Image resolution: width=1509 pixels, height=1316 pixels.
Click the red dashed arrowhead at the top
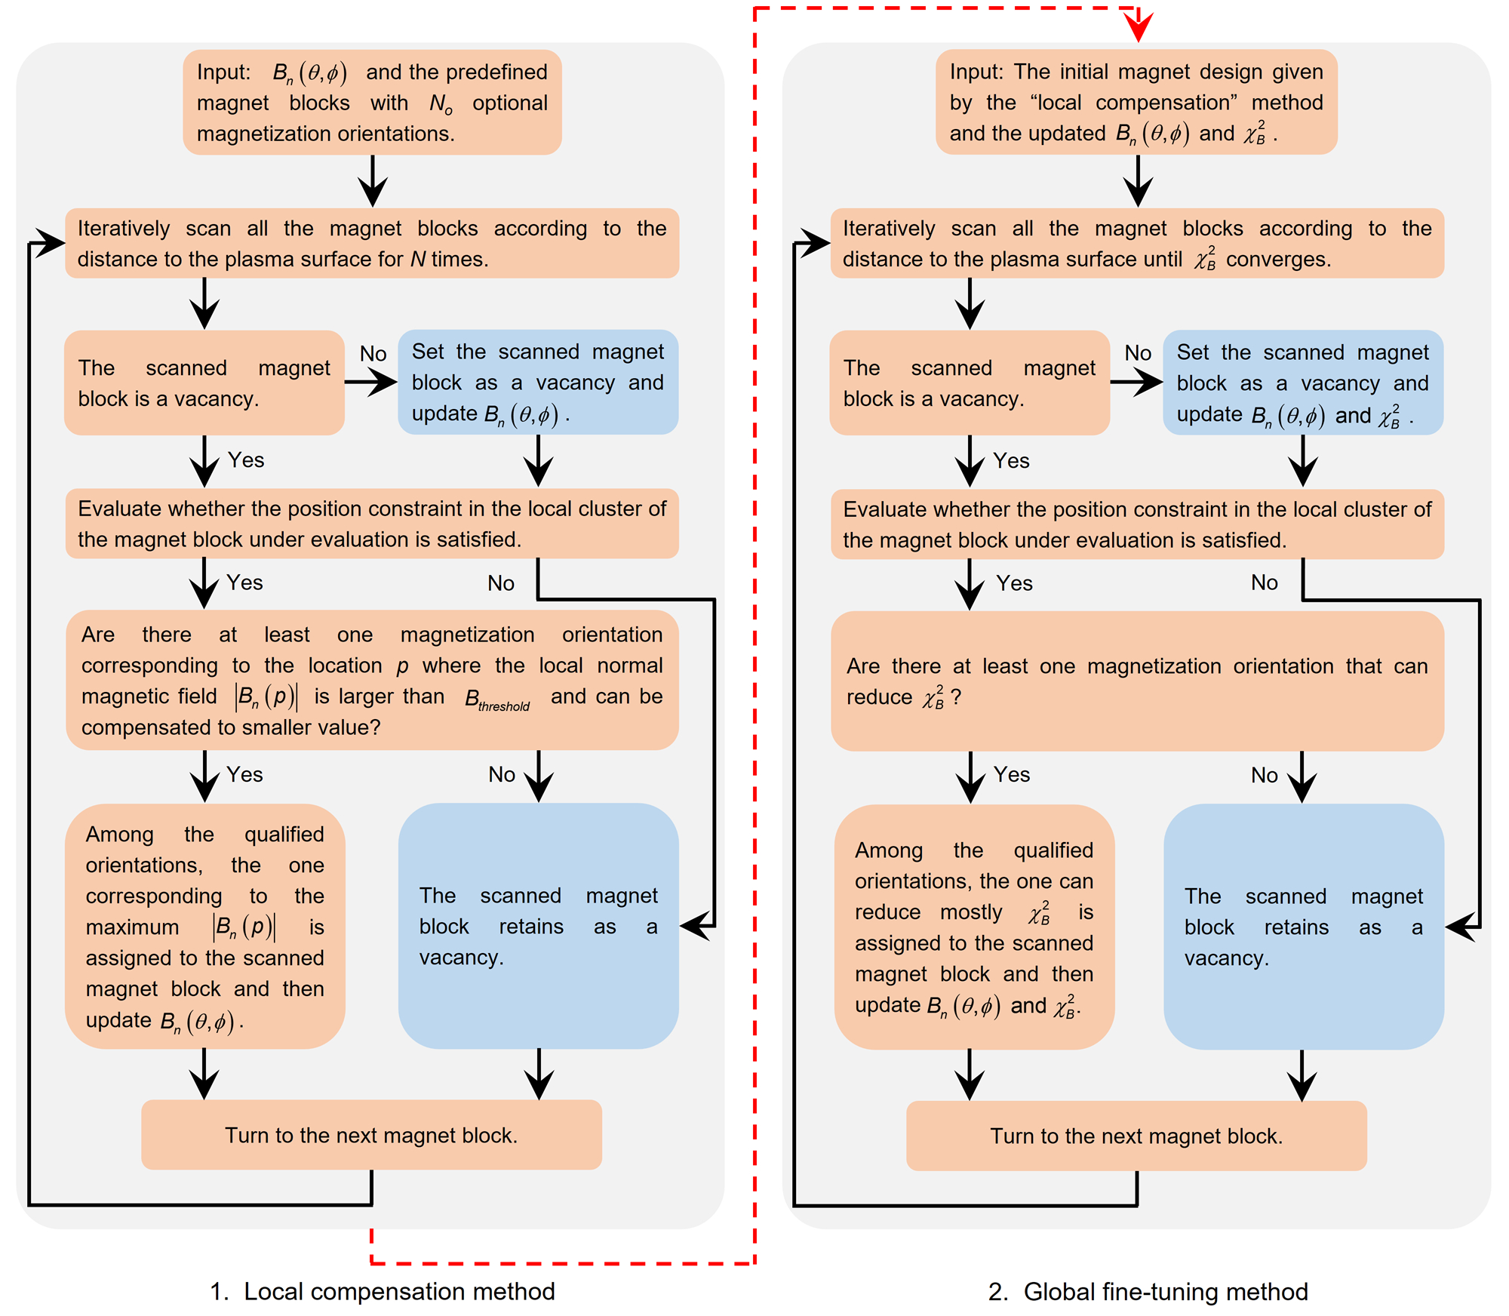[x=1138, y=27]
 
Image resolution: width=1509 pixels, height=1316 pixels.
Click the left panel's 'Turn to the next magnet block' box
[x=371, y=1135]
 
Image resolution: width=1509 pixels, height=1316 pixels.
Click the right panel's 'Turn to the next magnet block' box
[x=1136, y=1136]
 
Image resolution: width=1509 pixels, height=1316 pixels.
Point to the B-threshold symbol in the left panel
[x=496, y=700]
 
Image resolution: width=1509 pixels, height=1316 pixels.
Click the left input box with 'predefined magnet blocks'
[x=372, y=103]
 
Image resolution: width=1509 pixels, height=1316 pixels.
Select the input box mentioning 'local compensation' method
[x=1136, y=103]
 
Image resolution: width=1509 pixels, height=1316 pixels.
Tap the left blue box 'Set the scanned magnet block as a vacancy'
[x=537, y=383]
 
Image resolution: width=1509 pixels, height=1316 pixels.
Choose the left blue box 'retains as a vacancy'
[x=538, y=926]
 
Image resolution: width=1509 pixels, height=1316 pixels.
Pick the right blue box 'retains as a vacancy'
[x=1303, y=927]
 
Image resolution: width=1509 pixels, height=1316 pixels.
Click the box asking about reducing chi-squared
[x=1136, y=681]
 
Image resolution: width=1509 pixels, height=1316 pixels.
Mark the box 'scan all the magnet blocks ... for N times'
[x=372, y=244]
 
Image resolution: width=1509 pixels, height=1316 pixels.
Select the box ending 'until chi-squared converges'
[x=1136, y=244]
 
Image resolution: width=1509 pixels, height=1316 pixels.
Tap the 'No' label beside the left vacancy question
[x=373, y=354]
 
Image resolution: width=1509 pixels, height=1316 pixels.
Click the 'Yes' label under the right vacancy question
[x=1011, y=461]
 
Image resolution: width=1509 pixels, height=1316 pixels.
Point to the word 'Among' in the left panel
[x=119, y=835]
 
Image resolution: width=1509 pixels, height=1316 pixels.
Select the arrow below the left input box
[x=373, y=181]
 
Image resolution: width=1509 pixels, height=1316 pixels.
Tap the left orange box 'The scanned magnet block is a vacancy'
[x=204, y=383]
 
